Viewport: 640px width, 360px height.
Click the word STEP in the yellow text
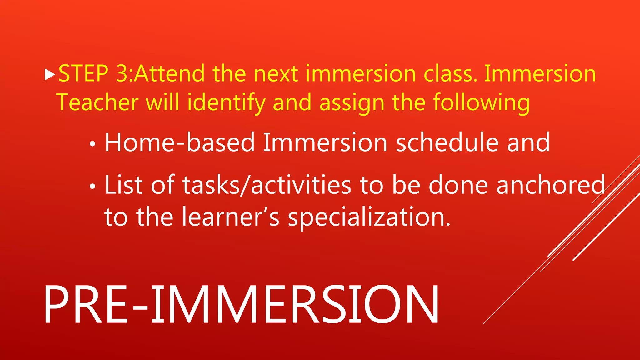(83, 74)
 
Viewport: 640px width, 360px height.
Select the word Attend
(170, 74)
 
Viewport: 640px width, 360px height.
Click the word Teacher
(97, 102)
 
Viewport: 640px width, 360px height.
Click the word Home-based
(180, 142)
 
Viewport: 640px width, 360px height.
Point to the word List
(124, 185)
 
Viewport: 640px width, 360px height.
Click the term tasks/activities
(267, 185)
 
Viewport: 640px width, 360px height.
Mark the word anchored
(551, 185)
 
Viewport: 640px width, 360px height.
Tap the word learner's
(231, 217)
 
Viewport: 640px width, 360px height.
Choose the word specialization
(369, 217)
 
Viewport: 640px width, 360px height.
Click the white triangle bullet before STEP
(50, 75)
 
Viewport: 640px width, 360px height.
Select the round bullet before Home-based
(92, 144)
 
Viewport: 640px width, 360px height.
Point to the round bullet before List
(92, 187)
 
